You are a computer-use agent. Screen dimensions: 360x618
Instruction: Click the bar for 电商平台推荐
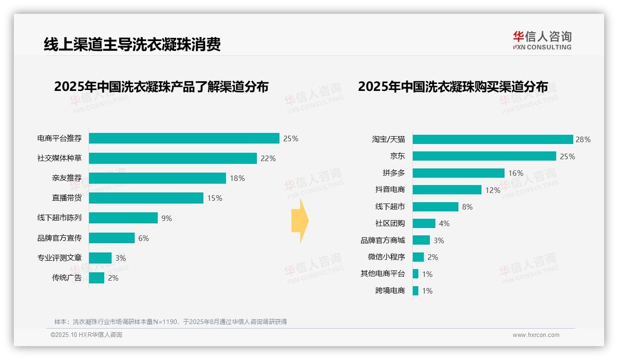(184, 138)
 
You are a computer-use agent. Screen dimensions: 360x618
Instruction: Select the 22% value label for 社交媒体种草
(268, 158)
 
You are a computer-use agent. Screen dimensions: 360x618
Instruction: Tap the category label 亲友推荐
(66, 178)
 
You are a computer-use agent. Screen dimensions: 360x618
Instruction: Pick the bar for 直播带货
(146, 198)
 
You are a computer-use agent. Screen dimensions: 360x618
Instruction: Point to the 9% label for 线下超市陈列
(166, 218)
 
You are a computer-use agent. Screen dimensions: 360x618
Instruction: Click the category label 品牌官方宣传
(59, 238)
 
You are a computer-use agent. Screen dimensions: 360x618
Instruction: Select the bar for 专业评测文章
(100, 258)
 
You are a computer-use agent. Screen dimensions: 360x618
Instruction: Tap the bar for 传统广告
(96, 278)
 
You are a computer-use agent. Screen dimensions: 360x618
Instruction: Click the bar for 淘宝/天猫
(493, 139)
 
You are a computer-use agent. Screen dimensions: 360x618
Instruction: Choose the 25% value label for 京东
(567, 156)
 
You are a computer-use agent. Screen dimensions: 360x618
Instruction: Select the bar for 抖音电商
(447, 190)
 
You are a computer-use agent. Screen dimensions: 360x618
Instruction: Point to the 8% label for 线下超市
(467, 207)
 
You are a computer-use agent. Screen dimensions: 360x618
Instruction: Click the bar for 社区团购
(424, 223)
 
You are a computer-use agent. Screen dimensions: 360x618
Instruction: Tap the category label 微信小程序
(386, 257)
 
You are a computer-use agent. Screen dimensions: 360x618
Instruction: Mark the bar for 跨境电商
(416, 291)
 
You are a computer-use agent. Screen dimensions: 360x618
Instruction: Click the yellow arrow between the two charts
(300, 221)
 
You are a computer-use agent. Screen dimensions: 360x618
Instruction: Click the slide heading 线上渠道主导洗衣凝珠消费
(132, 44)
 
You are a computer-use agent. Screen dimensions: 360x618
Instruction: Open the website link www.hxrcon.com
(535, 335)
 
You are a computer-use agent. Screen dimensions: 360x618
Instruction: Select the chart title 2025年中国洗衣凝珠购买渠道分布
(453, 87)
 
